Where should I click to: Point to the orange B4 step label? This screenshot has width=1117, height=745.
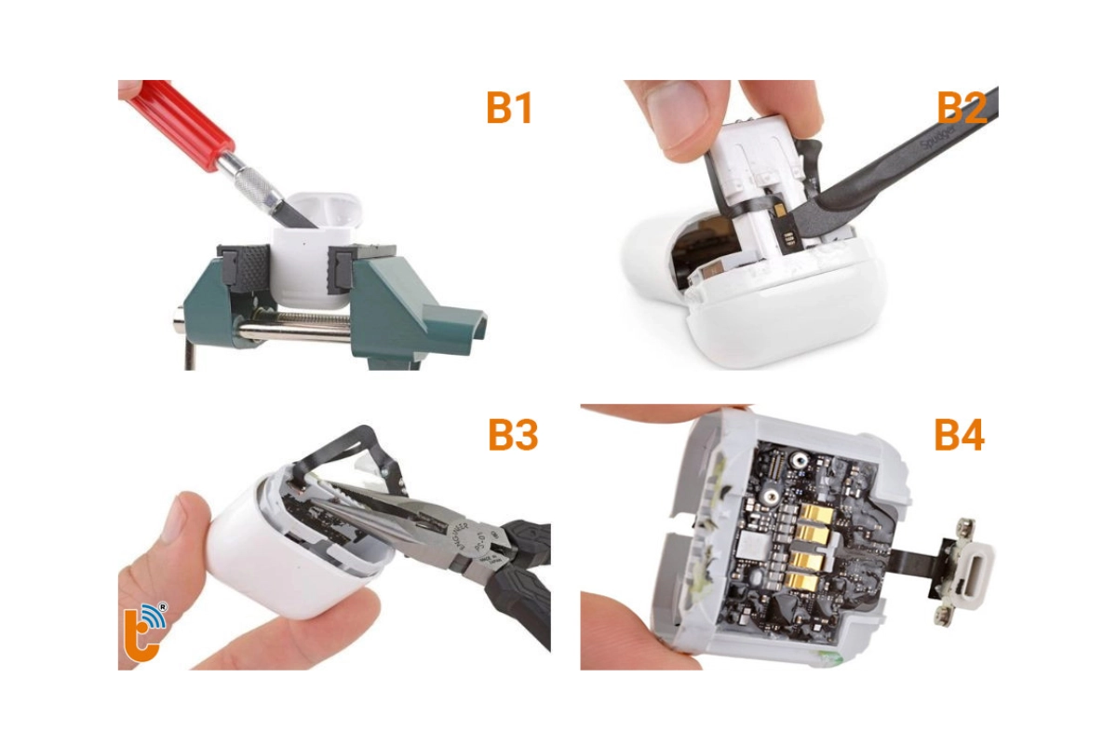[959, 435]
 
